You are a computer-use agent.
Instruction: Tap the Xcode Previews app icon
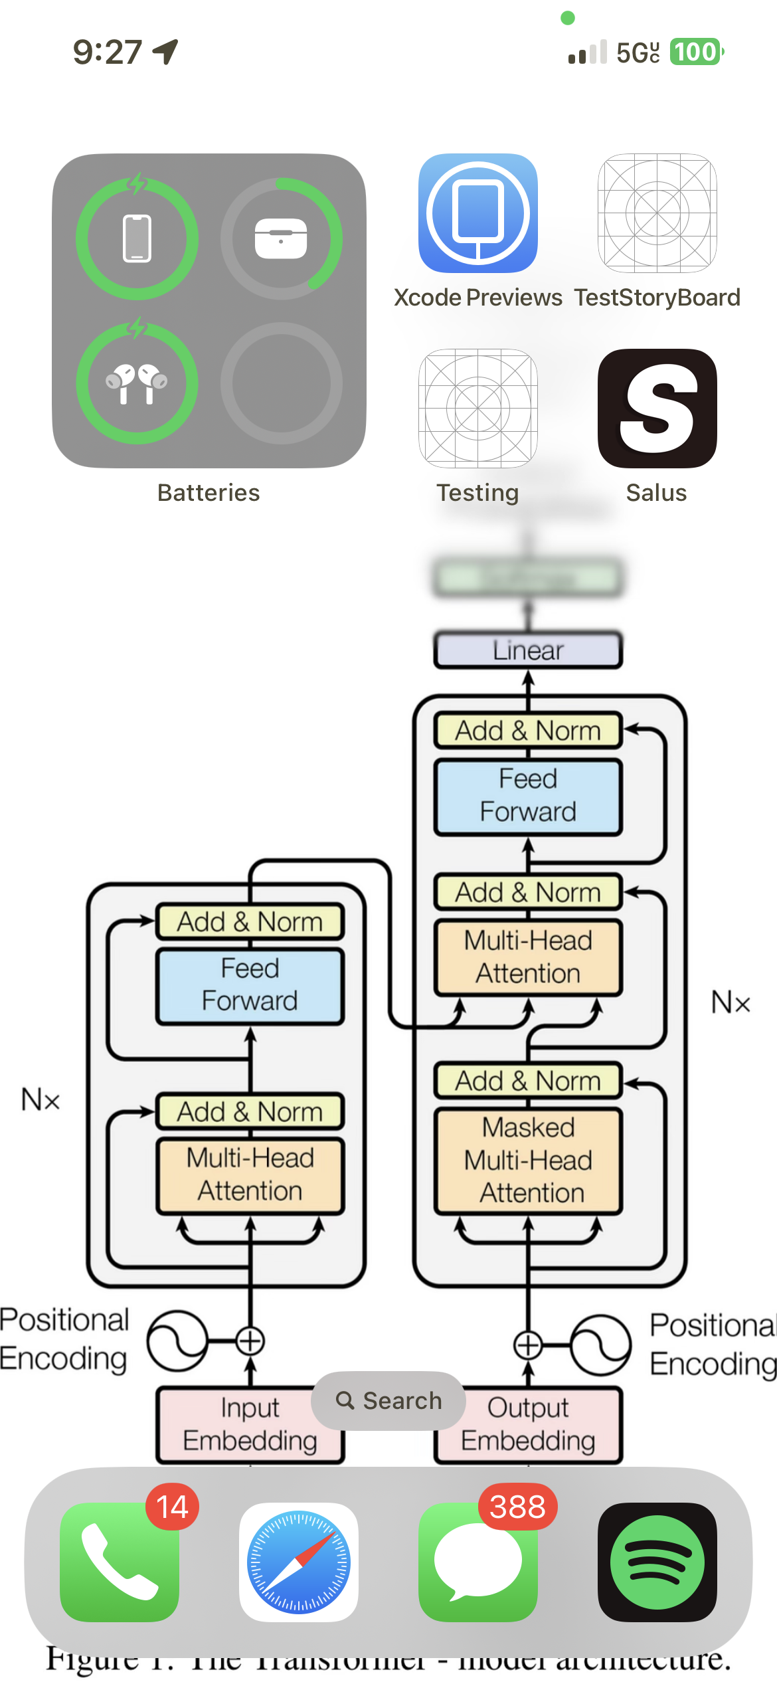coord(477,213)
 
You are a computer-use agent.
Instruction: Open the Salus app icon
coord(657,409)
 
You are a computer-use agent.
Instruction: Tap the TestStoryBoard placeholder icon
coord(657,213)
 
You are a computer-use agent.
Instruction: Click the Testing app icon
coord(477,409)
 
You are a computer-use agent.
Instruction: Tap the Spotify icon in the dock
coord(657,1562)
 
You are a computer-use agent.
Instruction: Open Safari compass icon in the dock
coord(298,1562)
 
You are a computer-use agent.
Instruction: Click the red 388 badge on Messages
coord(517,1507)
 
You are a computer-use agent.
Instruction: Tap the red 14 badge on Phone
coord(172,1507)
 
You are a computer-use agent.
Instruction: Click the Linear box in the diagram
coord(528,650)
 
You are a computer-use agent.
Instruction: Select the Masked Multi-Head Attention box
coord(528,1161)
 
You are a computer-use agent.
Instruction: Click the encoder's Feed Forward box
coord(250,985)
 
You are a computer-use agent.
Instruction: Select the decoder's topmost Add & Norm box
coord(528,731)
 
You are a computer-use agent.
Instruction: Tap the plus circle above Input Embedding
coord(250,1341)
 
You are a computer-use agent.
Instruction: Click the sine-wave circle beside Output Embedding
coord(601,1345)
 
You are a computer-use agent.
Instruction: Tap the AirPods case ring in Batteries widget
coord(282,238)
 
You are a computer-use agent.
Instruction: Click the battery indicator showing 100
coord(695,52)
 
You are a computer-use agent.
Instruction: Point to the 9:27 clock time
coord(107,52)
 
